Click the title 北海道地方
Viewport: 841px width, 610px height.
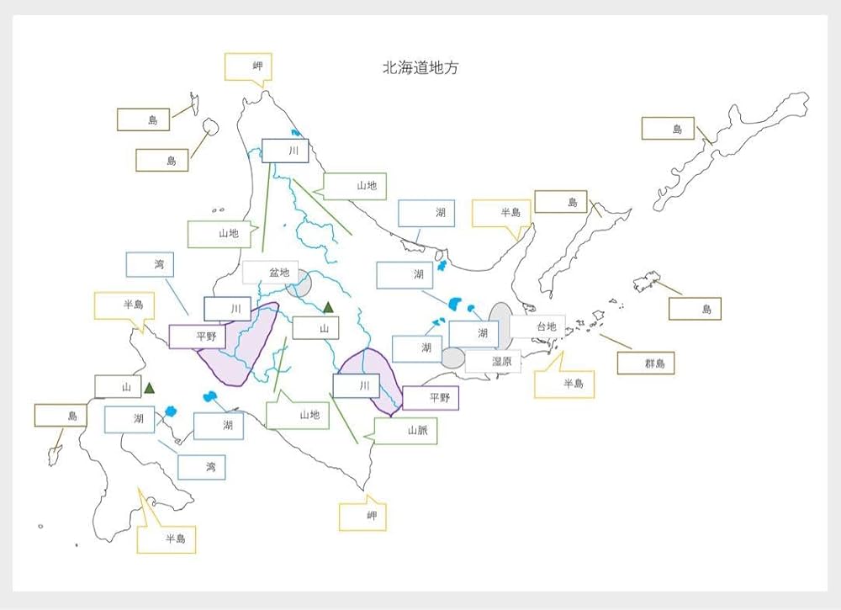click(420, 68)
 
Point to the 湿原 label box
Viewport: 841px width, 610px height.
click(493, 361)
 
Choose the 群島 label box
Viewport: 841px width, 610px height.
click(646, 363)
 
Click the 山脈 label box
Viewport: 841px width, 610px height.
click(406, 431)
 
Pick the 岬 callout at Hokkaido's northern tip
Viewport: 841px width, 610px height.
click(247, 66)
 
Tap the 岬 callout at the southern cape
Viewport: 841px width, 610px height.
click(362, 516)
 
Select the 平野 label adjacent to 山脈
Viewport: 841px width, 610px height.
click(431, 398)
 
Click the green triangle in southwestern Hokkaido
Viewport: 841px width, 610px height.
click(150, 388)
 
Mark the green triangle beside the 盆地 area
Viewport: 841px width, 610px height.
click(328, 307)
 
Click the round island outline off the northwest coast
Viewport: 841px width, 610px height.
click(210, 126)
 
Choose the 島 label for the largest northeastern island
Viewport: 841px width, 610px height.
click(668, 129)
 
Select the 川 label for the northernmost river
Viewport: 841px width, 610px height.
click(285, 151)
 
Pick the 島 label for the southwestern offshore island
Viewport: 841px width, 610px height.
click(61, 415)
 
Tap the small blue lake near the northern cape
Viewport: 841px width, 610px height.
click(295, 133)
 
